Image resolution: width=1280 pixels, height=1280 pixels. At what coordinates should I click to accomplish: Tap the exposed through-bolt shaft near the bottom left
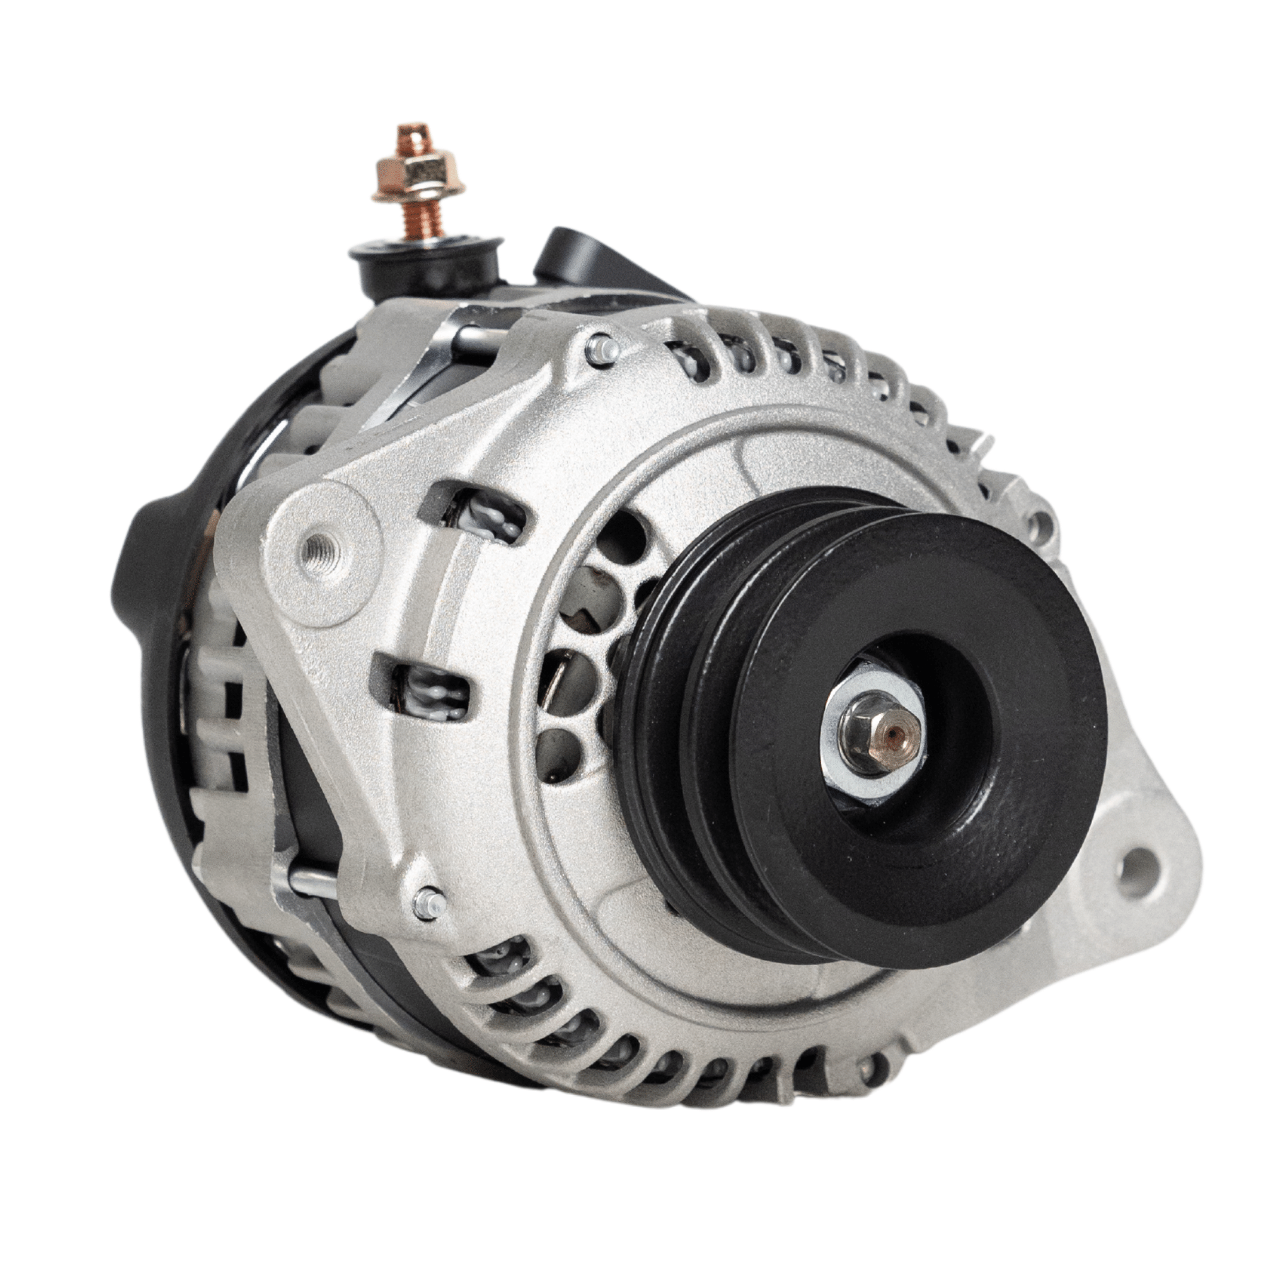coord(311,881)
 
